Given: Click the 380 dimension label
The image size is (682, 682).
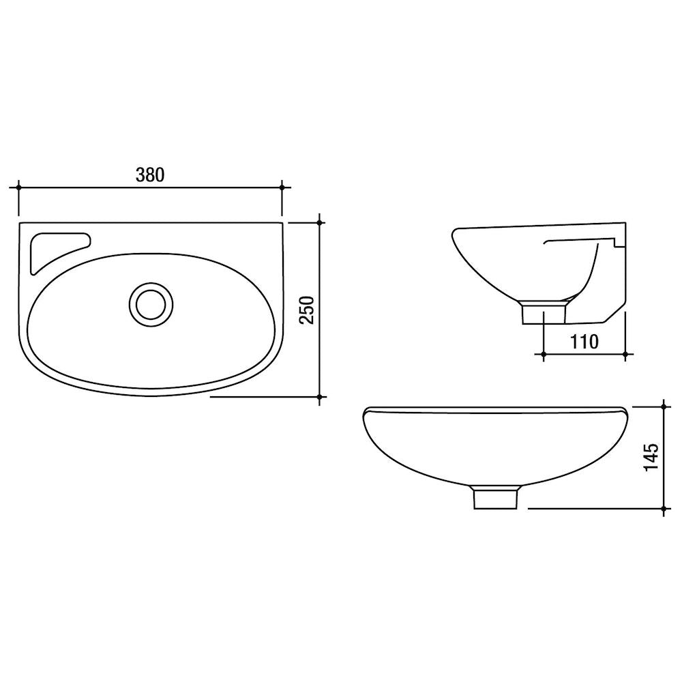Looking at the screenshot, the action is [x=150, y=175].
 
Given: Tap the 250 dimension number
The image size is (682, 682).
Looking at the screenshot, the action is [x=307, y=310].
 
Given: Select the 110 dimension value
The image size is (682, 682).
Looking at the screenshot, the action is [x=584, y=342].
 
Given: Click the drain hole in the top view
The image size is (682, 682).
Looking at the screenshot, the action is [x=151, y=304].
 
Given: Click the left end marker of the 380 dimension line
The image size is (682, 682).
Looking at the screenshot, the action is [x=18, y=188].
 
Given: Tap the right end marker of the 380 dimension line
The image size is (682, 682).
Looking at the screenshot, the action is [x=282, y=188].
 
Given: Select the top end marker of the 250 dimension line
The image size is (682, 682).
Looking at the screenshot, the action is [x=320, y=223].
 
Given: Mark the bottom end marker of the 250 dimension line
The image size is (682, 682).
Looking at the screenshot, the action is [x=320, y=397].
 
